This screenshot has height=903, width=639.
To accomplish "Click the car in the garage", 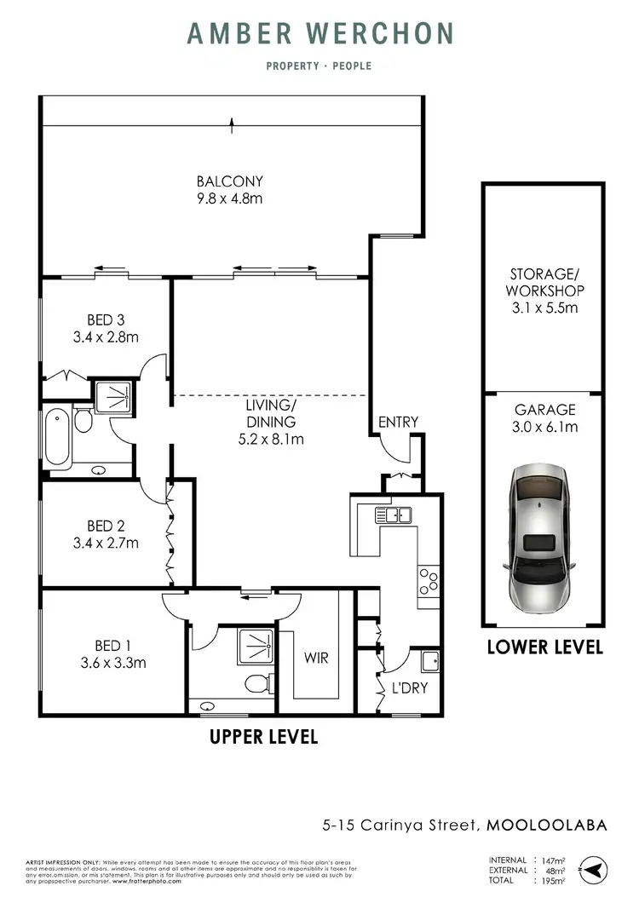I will (x=543, y=541).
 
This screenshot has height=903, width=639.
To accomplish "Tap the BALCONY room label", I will (x=229, y=181).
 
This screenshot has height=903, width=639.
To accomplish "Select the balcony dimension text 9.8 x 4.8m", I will (x=229, y=198).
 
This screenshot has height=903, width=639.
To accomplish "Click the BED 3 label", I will (x=106, y=320).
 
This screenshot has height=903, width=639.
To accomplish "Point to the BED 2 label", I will (x=106, y=526).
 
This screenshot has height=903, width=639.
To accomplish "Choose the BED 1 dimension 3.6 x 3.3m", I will (x=106, y=662).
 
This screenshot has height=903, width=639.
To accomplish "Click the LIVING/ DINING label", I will (x=272, y=415).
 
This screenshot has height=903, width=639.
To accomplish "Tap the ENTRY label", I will (x=399, y=422).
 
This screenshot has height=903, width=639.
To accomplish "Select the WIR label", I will (x=316, y=659).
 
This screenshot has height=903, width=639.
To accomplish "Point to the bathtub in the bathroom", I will (x=57, y=437).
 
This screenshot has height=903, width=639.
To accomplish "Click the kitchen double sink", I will (x=392, y=514).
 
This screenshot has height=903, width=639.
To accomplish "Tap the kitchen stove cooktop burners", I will (x=428, y=581).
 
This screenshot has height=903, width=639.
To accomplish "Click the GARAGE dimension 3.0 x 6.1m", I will (x=544, y=427).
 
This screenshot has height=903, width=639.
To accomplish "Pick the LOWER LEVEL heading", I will (x=544, y=647).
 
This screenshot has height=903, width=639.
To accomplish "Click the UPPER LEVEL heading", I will (x=263, y=737).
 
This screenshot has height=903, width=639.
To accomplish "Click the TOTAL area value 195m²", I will (x=555, y=880).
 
